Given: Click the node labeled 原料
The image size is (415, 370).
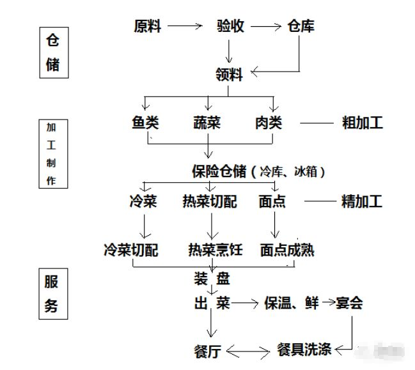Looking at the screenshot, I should click(147, 26).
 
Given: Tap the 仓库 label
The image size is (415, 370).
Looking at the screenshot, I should click(301, 26).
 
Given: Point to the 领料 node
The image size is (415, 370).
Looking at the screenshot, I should click(229, 75).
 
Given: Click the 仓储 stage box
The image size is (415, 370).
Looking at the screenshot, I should click(54, 52).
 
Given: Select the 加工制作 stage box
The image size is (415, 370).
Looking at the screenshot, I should click(51, 154).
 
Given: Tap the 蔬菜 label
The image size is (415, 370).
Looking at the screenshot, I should click(207, 123).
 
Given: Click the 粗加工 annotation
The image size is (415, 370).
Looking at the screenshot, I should click(363, 123).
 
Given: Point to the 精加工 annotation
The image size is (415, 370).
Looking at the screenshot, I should click(362, 202).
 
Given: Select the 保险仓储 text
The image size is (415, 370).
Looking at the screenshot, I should click(219, 171).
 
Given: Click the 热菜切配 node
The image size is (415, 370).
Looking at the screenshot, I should click(210, 202).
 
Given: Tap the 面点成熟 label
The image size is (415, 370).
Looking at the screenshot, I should click(287, 250).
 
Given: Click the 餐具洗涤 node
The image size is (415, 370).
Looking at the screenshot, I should click(304, 350).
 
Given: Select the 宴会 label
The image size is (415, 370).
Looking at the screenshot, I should click(348, 303).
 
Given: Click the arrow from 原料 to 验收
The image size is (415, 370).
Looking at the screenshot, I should click(185, 26).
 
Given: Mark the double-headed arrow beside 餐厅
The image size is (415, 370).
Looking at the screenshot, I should click(249, 351).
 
